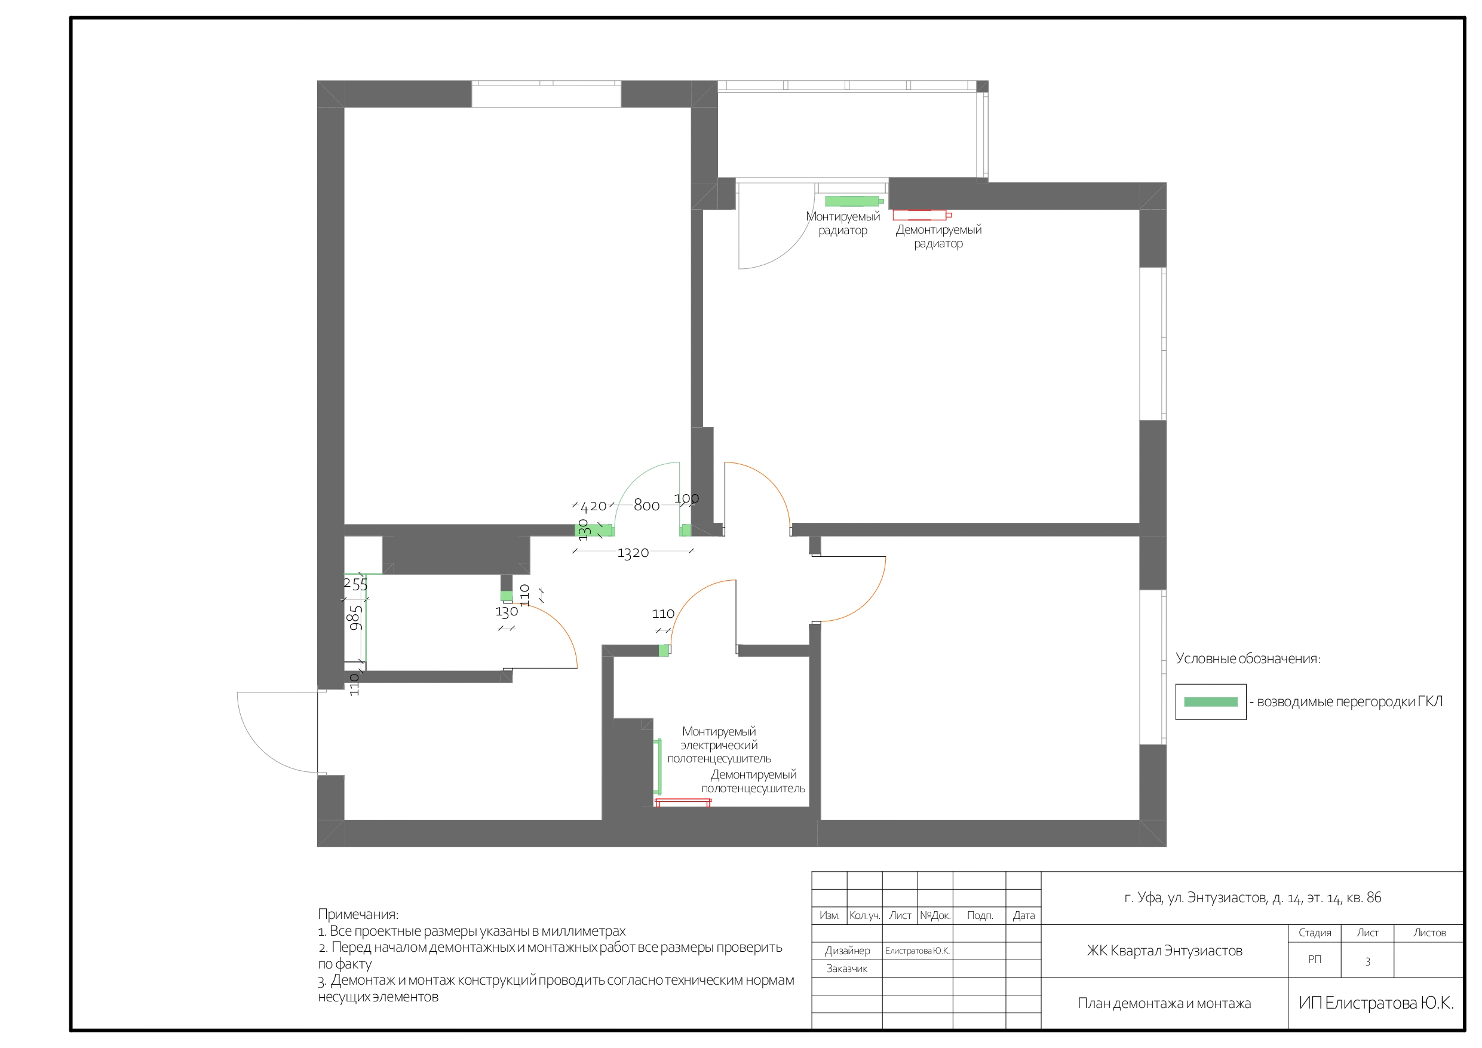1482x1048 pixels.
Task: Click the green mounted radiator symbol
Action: tap(854, 201)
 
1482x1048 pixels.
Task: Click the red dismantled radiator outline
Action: tap(922, 215)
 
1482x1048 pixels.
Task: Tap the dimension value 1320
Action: tap(633, 553)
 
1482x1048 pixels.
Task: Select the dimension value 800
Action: tap(647, 505)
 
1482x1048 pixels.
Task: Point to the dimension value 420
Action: tap(593, 506)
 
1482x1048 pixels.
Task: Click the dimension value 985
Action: tap(355, 618)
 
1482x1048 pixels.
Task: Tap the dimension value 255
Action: tap(355, 584)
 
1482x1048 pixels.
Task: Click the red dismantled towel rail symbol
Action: tap(683, 802)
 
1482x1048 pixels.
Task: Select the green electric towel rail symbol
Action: tap(659, 767)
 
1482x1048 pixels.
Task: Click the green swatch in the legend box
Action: tap(1210, 702)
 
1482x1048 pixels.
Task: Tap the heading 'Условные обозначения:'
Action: tap(1248, 658)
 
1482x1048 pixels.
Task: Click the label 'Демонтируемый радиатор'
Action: tap(938, 237)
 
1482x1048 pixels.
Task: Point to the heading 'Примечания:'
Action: tap(358, 914)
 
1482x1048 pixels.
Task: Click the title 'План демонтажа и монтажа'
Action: tap(1164, 1003)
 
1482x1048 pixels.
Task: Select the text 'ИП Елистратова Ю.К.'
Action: tap(1376, 1002)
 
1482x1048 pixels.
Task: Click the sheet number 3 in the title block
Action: tap(1367, 961)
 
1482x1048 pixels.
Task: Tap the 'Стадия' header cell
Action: tap(1315, 933)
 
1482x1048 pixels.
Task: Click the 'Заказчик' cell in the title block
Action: tap(847, 968)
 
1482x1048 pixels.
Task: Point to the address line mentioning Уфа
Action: tap(1252, 897)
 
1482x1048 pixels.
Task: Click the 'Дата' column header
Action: tap(1024, 915)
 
